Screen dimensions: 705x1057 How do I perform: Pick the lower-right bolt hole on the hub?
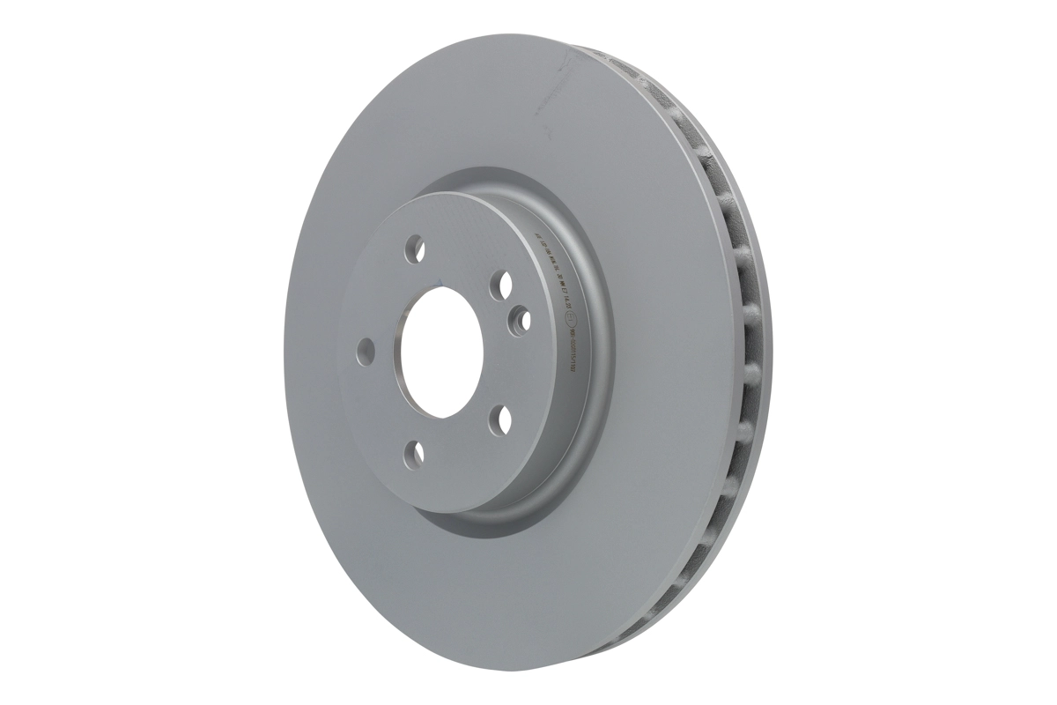(500, 419)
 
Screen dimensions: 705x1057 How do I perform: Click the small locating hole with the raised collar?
(521, 318)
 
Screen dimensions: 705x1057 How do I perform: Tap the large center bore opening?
(438, 351)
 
